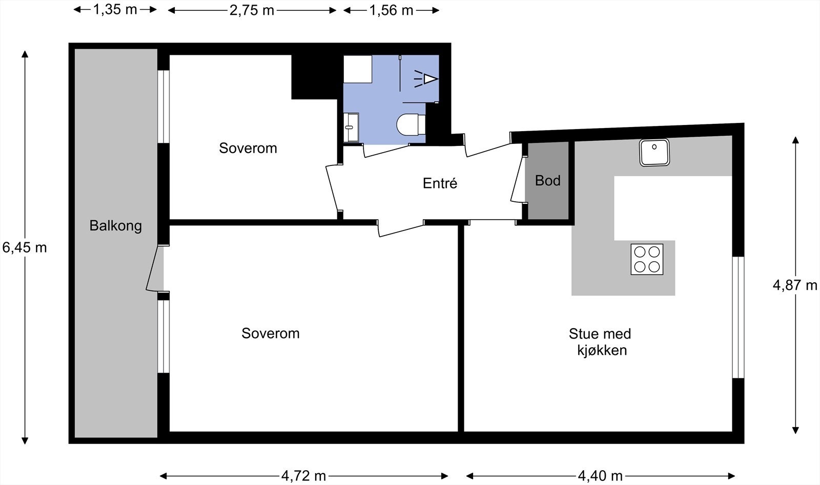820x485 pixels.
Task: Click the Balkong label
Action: pos(115,226)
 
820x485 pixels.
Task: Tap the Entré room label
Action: pos(440,183)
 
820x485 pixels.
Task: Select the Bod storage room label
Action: pos(547,180)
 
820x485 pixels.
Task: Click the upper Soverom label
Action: pos(248,148)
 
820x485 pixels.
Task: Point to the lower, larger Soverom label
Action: pos(270,333)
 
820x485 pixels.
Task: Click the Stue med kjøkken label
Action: pos(600,342)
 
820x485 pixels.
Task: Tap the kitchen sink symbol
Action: pos(654,152)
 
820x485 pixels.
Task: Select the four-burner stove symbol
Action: pos(647,259)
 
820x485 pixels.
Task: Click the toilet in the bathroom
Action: pos(411,124)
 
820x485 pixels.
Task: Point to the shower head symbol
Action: pos(428,79)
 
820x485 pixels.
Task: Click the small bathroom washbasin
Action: pos(351,127)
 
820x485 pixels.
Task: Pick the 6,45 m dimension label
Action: pos(25,248)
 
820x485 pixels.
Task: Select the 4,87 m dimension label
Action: pos(794,285)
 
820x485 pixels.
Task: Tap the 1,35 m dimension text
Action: pos(115,10)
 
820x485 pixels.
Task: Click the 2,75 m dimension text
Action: pos(252,10)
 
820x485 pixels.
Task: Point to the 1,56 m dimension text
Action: pos(391,10)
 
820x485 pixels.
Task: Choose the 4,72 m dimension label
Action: pos(303,476)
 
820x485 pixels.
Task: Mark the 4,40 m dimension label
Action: pos(600,476)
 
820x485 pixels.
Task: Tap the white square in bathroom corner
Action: pos(357,69)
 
